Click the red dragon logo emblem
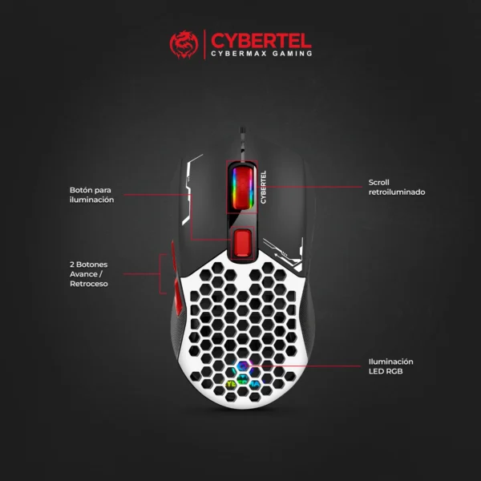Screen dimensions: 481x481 coord(184,45)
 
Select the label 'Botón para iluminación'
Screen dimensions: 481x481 coord(91,195)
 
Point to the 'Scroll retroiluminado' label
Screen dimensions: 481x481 coord(396,187)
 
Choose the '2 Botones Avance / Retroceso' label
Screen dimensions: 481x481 coord(88,274)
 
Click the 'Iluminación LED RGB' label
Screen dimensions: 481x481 coord(390,366)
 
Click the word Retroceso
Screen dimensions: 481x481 coord(88,285)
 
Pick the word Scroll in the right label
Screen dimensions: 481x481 coord(378,182)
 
